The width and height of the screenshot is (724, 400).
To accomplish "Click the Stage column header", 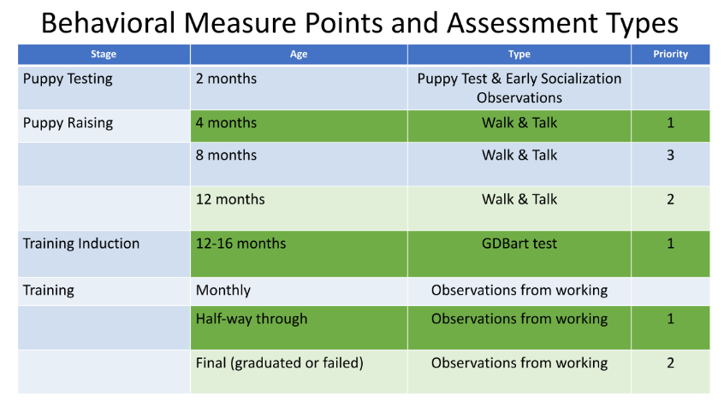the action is (104, 54).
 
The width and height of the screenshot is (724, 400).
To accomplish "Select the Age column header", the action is (299, 54).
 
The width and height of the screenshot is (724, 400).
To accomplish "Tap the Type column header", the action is (519, 54).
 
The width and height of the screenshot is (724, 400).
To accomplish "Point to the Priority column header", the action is (670, 54).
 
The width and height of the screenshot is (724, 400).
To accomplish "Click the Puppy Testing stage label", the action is (68, 79).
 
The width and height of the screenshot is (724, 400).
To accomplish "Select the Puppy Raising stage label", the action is (68, 123).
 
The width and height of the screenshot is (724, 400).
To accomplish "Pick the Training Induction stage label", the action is (81, 244).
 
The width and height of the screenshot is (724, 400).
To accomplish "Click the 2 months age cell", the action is (226, 79).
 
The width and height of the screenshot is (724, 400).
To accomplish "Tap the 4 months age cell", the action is (226, 123).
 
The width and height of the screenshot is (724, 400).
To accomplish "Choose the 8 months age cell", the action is (226, 156).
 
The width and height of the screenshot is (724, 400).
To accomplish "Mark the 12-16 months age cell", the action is (241, 244).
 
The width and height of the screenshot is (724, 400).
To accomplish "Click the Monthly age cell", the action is (223, 291).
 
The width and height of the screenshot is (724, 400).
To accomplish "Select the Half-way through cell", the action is (252, 319).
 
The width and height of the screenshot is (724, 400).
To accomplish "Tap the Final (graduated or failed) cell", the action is (280, 363).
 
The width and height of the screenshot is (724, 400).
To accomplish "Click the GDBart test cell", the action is (519, 244).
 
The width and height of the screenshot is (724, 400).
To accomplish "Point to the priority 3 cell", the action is (670, 156).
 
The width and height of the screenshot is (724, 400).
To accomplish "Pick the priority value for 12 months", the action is (670, 200).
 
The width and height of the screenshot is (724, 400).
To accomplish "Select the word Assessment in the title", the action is (522, 23).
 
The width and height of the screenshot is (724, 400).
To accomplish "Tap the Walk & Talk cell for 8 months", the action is (519, 156).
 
